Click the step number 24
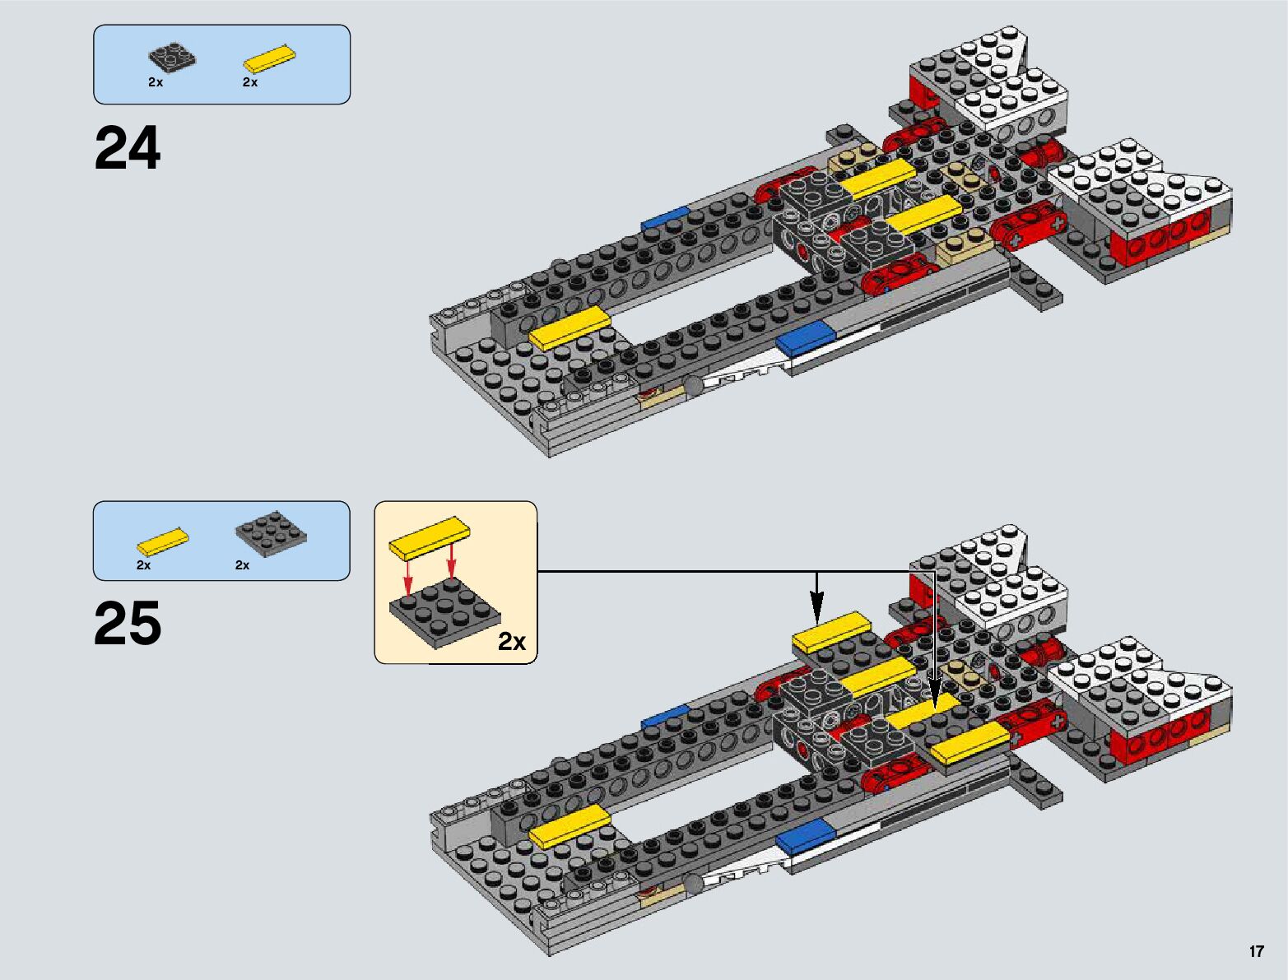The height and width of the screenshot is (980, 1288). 128,149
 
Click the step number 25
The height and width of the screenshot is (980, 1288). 128,625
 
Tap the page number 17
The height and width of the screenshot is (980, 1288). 1256,951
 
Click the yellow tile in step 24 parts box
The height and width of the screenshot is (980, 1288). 269,60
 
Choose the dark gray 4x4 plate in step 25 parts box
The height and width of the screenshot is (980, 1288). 271,535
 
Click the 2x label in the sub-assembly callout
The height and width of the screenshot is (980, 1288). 512,641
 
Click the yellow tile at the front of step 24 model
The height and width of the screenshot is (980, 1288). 570,327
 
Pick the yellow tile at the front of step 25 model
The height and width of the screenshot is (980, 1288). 570,825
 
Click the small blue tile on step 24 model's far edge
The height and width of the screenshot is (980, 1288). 665,218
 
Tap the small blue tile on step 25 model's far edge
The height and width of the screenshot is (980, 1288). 665,716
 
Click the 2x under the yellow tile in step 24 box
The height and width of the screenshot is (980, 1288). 250,82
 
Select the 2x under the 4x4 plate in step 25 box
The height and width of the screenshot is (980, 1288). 242,565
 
